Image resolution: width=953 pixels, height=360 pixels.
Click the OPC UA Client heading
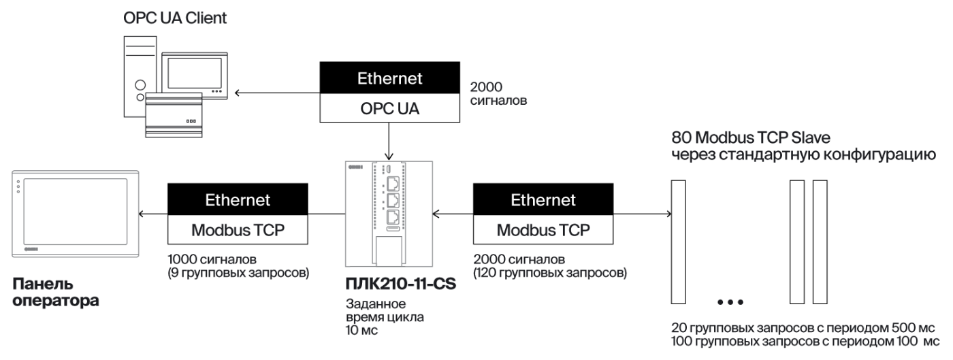(x=175, y=18)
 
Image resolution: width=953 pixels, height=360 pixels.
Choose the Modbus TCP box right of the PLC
(x=543, y=229)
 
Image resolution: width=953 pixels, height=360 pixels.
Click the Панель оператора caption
(x=55, y=291)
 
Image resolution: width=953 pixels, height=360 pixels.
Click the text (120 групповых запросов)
(x=549, y=274)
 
